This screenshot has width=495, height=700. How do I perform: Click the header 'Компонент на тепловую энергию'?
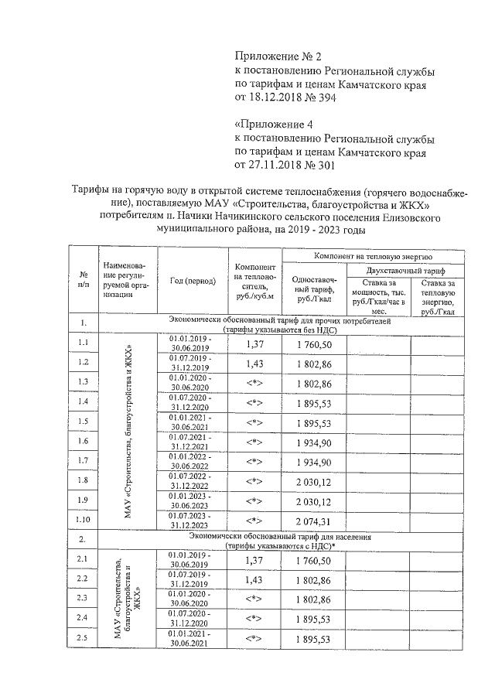click(373, 255)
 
